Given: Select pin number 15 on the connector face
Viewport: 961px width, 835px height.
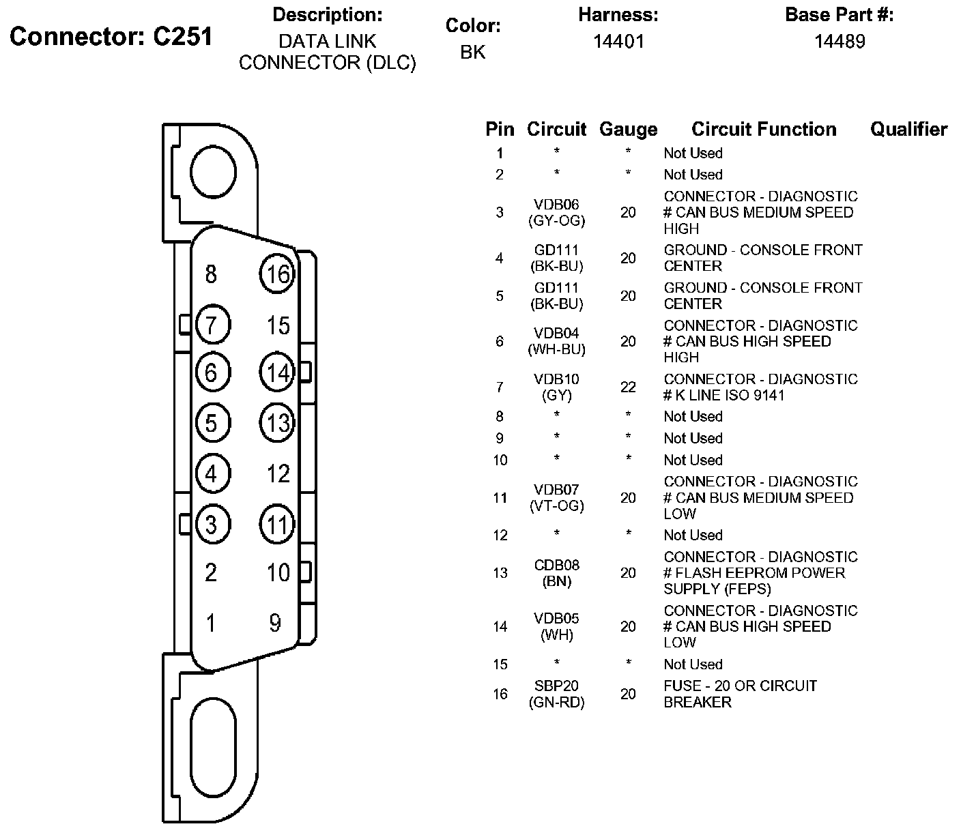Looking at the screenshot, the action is pyautogui.click(x=278, y=325).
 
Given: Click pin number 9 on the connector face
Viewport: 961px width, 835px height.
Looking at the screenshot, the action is pyautogui.click(x=275, y=623).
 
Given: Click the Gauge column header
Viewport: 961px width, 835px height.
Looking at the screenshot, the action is pyautogui.click(x=628, y=129).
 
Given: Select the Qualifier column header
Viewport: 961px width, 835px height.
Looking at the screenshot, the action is pyautogui.click(x=909, y=129).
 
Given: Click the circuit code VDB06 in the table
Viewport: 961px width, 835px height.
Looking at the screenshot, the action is pyautogui.click(x=556, y=204).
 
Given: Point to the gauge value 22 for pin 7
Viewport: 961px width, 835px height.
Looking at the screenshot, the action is pyautogui.click(x=628, y=387).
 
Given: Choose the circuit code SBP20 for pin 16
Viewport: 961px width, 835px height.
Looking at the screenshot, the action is pyautogui.click(x=556, y=686).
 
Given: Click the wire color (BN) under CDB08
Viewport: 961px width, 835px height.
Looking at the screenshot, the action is pyautogui.click(x=556, y=581).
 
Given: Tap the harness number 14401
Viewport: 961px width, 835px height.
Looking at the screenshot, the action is pyautogui.click(x=618, y=42).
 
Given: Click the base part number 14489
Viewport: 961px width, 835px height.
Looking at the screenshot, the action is pyautogui.click(x=840, y=42).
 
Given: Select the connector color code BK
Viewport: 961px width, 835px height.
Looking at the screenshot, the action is pyautogui.click(x=472, y=52).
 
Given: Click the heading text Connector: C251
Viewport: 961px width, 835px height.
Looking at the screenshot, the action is pyautogui.click(x=111, y=36).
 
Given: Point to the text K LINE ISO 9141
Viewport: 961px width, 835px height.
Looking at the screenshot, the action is pyautogui.click(x=730, y=395).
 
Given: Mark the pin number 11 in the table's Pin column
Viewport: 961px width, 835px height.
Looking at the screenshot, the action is pyautogui.click(x=500, y=497).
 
